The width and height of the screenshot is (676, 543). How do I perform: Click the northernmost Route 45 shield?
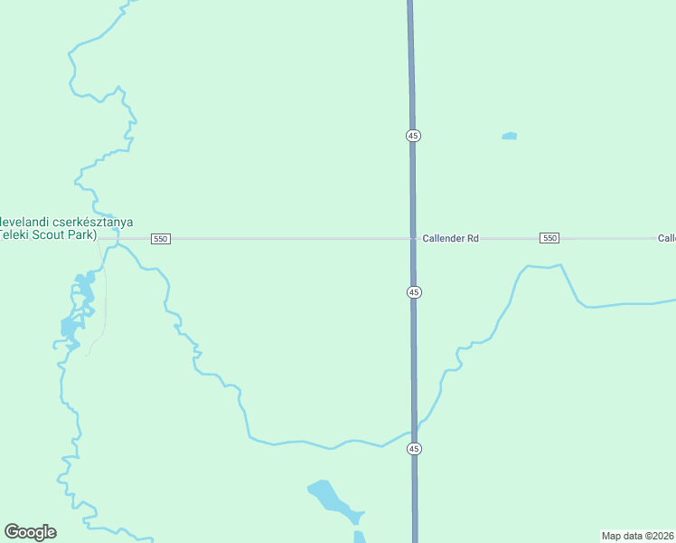tap(413, 135)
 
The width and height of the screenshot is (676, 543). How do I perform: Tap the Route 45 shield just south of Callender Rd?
tap(413, 292)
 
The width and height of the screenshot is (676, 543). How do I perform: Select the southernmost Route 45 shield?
tap(414, 449)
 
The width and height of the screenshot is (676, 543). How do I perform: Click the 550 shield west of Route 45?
tap(161, 238)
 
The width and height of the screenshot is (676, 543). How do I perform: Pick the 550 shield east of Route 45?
tap(549, 238)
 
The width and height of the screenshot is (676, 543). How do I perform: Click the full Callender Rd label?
tap(450, 238)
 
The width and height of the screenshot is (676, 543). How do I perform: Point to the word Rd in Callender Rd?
tap(472, 238)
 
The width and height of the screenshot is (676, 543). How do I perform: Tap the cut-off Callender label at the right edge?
tap(666, 238)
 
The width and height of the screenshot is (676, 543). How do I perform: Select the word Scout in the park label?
tap(54, 233)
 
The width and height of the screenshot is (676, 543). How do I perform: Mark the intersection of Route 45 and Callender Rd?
tap(413, 238)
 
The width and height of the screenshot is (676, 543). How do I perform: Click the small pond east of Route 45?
tap(510, 137)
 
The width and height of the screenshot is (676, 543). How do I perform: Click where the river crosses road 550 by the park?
tap(117, 238)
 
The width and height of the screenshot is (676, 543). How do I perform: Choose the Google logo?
tap(30, 531)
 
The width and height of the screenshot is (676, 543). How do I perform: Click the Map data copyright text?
tap(638, 536)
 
